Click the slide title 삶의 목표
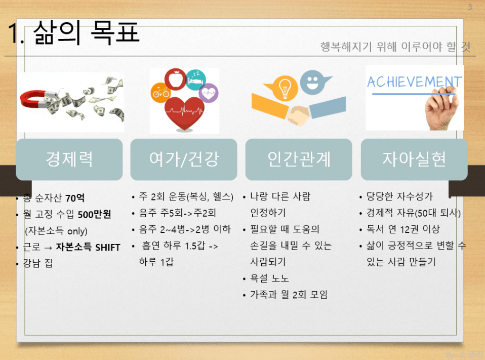[x=86, y=32]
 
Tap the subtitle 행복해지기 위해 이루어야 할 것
[x=395, y=47]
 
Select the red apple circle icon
[x=175, y=79]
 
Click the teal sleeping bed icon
[x=196, y=80]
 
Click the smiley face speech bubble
[x=314, y=82]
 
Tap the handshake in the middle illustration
[x=298, y=115]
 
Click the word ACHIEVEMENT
[x=414, y=82]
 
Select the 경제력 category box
[x=69, y=159]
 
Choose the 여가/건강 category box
[x=184, y=159]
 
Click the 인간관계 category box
[x=299, y=159]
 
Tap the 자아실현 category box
[x=414, y=159]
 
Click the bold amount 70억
[x=75, y=198]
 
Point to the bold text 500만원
[x=94, y=214]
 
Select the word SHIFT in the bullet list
[x=108, y=248]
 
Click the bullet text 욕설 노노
[x=269, y=278]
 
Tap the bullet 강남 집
[x=38, y=263]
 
